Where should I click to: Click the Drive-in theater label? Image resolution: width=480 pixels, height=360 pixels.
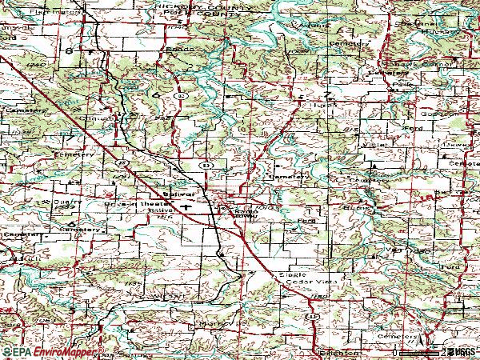pyautogui.click(x=127, y=203)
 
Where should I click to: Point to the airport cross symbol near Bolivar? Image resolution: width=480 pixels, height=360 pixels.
pyautogui.click(x=186, y=206)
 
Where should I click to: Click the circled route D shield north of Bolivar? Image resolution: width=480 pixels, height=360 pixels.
pyautogui.click(x=206, y=165)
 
